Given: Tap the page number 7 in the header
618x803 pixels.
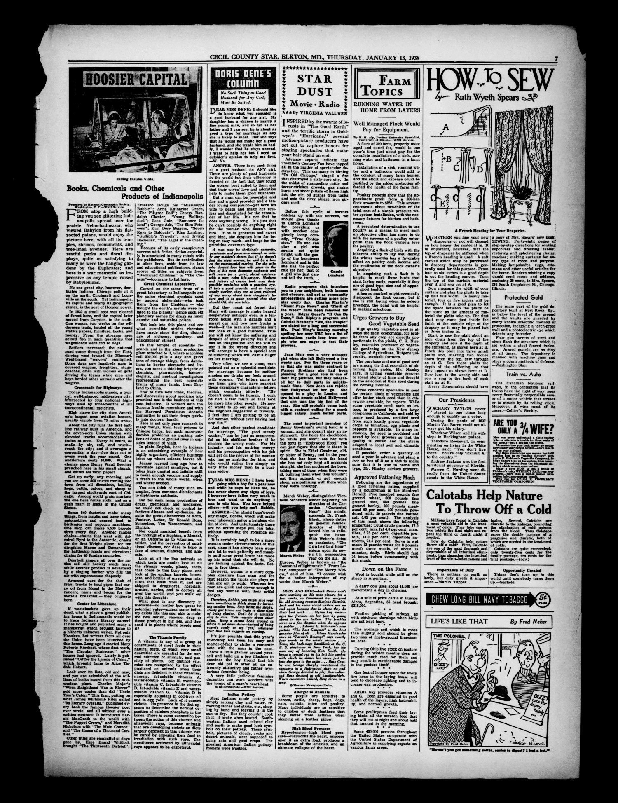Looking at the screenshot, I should coord(555,59).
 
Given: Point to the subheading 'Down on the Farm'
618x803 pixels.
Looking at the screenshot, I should coord(385,569).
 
